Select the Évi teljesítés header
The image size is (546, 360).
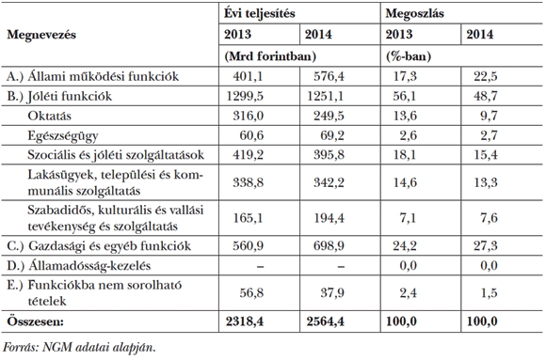coord(260,13)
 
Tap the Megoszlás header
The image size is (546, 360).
coord(416,13)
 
